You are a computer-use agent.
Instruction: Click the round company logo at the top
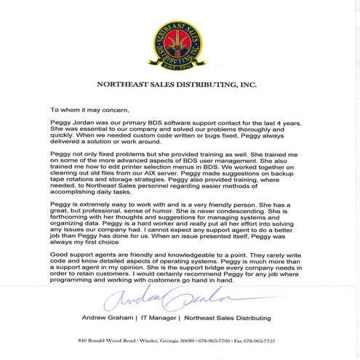pos(180,40)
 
